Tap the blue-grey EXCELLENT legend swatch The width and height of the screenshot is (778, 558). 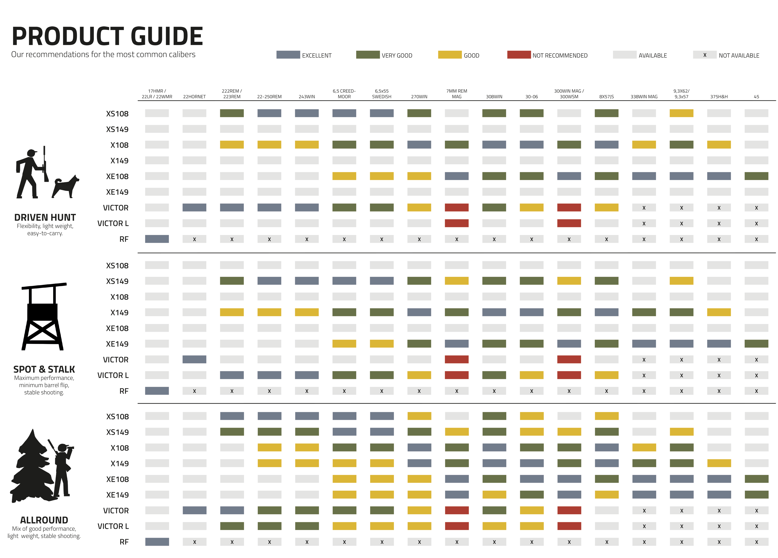[288, 55]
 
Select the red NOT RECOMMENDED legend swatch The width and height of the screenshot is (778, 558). [519, 55]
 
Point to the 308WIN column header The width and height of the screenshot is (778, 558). [494, 97]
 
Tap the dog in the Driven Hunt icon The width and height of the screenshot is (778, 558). [66, 187]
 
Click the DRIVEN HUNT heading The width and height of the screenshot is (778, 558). [45, 218]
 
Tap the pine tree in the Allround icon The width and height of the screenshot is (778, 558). [31, 467]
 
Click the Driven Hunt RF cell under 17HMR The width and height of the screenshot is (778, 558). [157, 239]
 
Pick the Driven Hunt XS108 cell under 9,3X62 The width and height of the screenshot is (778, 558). [681, 113]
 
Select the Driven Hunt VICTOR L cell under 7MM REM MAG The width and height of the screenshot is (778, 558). [456, 223]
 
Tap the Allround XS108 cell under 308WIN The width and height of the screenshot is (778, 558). [494, 416]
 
